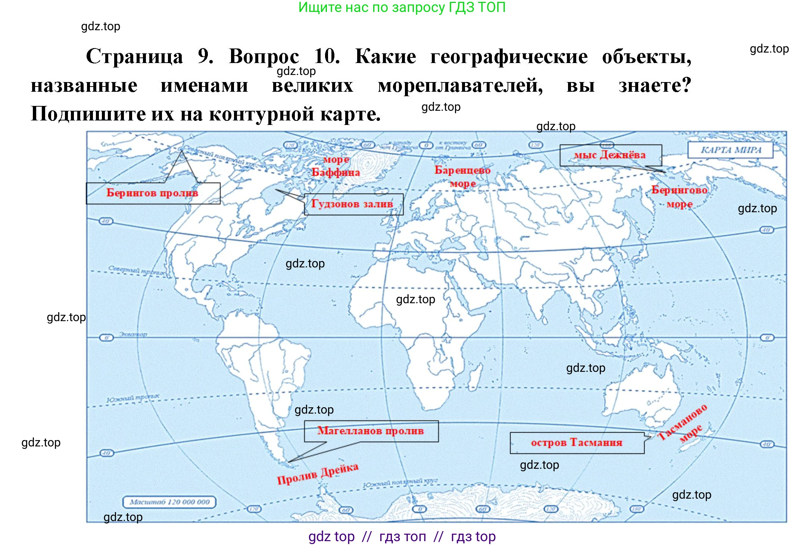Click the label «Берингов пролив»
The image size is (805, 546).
(153, 193)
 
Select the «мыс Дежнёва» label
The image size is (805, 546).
(610, 155)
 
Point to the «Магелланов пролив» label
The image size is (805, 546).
(371, 431)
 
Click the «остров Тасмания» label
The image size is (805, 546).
(577, 443)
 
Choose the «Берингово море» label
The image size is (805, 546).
(679, 197)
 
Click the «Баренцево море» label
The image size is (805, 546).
(462, 176)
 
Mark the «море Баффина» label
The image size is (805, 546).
(336, 166)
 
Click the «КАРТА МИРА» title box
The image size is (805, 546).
(730, 150)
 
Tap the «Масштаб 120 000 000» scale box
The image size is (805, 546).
(169, 502)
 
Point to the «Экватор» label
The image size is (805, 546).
(133, 334)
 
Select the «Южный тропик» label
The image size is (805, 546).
(133, 398)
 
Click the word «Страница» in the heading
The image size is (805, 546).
(134, 57)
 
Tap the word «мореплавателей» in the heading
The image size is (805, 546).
(460, 86)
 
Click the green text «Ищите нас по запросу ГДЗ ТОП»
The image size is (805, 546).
(402, 7)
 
